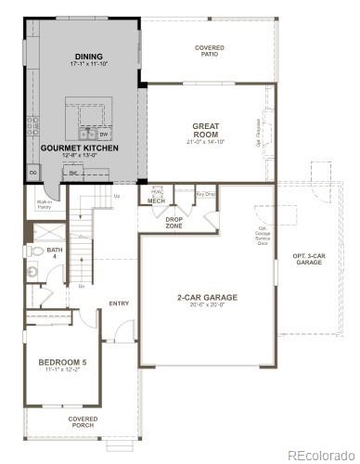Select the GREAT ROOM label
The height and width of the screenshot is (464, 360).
[x=206, y=129]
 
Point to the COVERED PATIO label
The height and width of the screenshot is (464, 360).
[x=210, y=51]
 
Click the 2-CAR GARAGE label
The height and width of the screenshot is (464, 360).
[x=208, y=297]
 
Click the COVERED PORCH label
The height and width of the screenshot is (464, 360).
[x=83, y=421]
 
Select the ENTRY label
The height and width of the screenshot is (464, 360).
[x=119, y=303]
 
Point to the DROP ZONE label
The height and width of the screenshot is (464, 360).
[x=174, y=223]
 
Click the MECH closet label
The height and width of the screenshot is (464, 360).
[x=156, y=200]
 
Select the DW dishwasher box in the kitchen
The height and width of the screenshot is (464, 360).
[x=105, y=134]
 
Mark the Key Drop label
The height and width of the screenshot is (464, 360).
[x=206, y=194]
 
